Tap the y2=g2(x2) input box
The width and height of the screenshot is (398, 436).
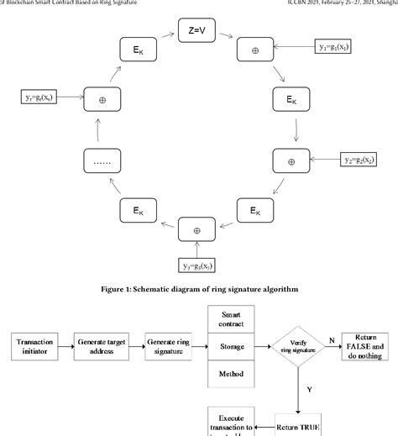click(364, 159)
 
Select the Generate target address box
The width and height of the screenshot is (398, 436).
click(107, 346)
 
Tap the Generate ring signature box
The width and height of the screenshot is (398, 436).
click(172, 346)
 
